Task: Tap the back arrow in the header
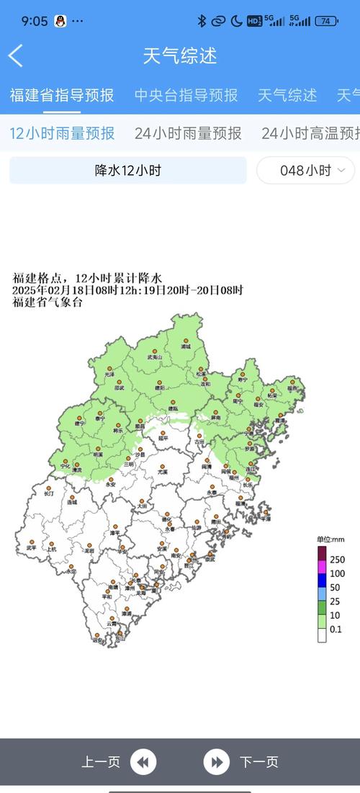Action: [16, 55]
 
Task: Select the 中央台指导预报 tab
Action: [186, 95]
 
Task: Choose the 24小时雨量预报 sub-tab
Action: [188, 133]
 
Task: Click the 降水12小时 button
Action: [127, 171]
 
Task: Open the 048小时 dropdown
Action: [305, 171]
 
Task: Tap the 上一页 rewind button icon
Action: [144, 761]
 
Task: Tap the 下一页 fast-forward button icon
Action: [216, 761]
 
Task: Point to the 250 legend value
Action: [337, 560]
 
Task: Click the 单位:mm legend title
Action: [330, 539]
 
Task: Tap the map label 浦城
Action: [186, 346]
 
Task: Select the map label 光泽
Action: [109, 375]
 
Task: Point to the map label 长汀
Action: [49, 494]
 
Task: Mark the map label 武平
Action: [31, 548]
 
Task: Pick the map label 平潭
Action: [266, 518]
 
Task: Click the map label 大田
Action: [143, 507]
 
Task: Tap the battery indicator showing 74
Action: [326, 21]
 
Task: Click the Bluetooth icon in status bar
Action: [202, 21]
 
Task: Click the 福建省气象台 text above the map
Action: [48, 303]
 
